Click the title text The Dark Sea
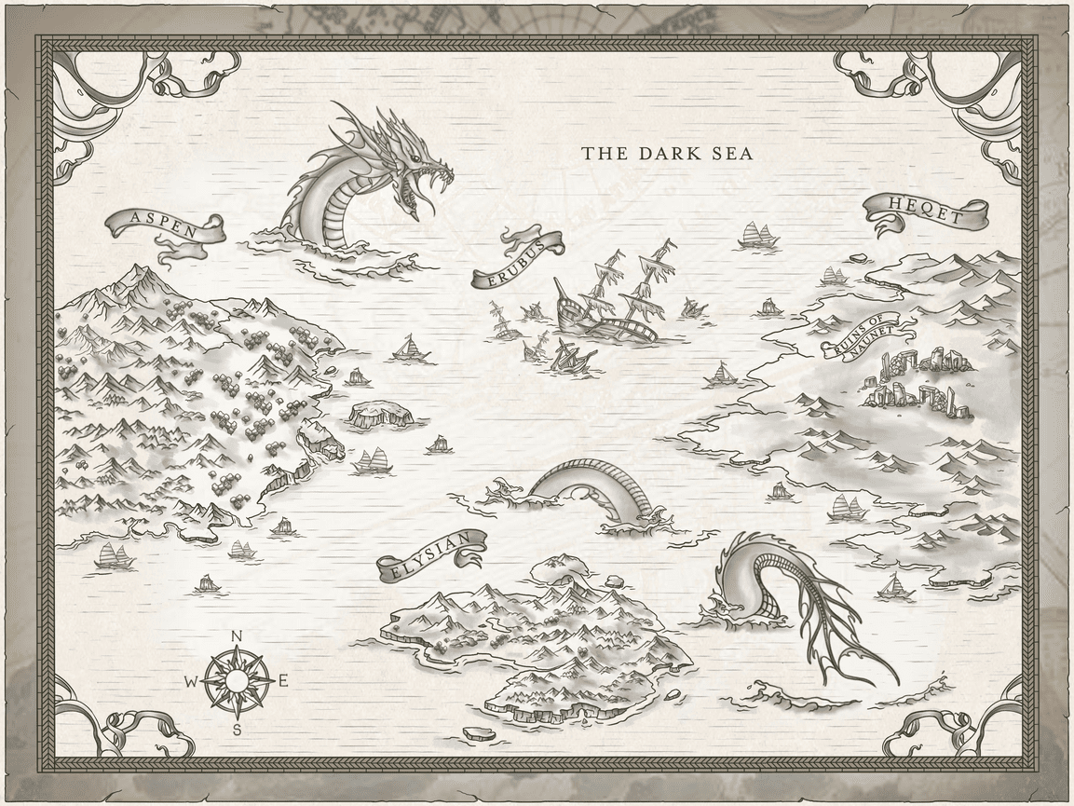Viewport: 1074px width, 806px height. [667, 154]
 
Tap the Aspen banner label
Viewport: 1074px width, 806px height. [165, 225]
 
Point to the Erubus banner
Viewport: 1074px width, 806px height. [518, 260]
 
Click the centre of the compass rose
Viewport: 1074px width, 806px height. [237, 681]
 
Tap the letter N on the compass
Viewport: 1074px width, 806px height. [237, 637]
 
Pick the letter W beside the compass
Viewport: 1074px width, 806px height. [190, 682]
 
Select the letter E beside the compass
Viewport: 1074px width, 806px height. [283, 681]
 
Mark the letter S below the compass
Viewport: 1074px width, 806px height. [237, 729]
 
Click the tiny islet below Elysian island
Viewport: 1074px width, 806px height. [477, 732]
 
